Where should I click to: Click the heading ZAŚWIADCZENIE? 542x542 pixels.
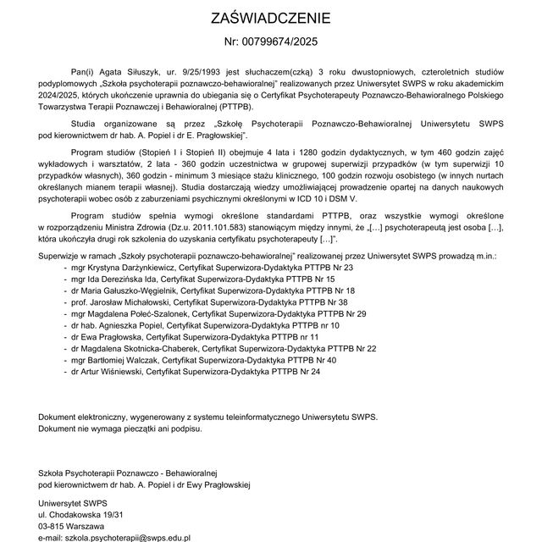click(271, 18)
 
